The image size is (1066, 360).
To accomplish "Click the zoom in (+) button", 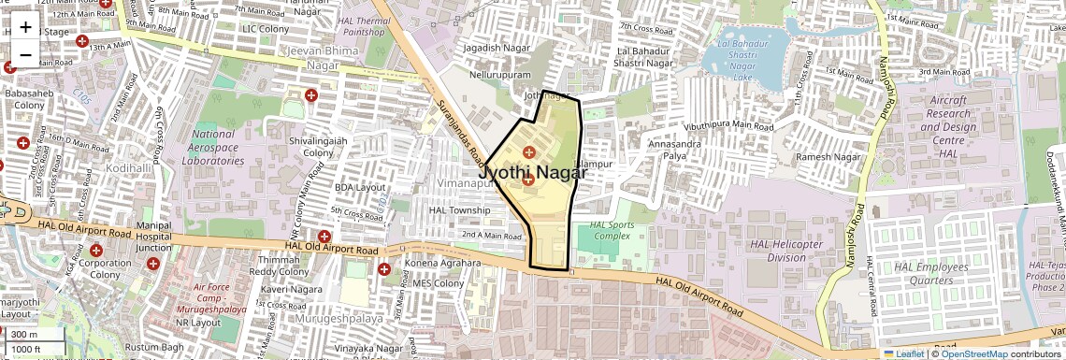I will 25,26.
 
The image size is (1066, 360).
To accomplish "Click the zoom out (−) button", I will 25,54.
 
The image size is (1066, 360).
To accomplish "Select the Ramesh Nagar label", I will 828,157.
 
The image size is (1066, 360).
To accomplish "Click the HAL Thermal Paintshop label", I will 366,26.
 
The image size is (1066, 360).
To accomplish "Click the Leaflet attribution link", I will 903,353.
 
